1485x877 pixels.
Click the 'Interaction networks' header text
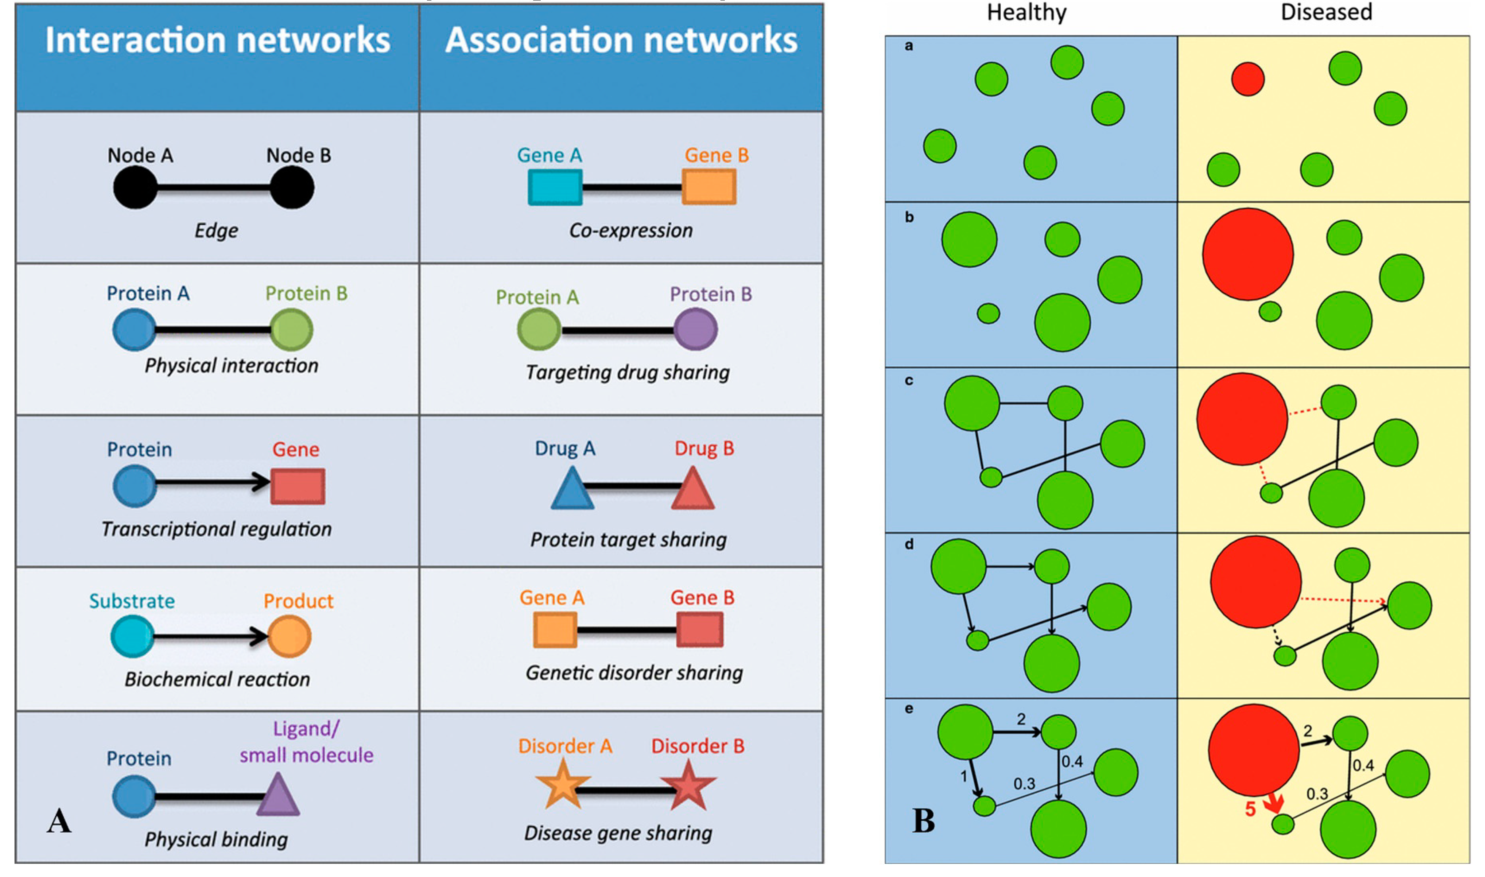(x=217, y=40)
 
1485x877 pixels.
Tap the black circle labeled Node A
(x=135, y=187)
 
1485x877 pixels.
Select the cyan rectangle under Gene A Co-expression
(x=554, y=187)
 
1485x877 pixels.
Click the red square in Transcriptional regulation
(x=298, y=486)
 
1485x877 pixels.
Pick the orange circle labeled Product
(x=289, y=636)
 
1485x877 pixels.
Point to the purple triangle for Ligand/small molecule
(x=278, y=796)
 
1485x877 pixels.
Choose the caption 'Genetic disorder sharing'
(x=634, y=673)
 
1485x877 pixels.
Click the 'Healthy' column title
(x=1027, y=12)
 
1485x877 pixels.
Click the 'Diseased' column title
(x=1326, y=12)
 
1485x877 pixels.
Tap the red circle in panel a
(x=1248, y=79)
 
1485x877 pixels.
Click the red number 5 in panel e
(x=1250, y=809)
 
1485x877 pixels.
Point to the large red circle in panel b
(x=1248, y=254)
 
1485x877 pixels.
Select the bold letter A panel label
(x=59, y=821)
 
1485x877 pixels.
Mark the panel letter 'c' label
(x=909, y=381)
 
